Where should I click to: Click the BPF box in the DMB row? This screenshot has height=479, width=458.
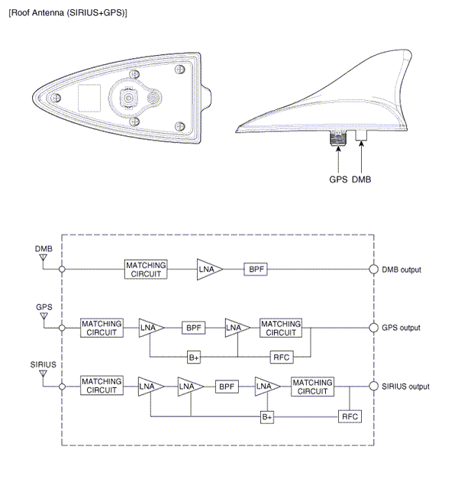(255, 269)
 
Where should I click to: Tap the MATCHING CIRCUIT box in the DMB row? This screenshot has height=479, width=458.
(146, 269)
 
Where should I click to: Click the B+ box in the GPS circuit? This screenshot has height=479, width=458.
(194, 357)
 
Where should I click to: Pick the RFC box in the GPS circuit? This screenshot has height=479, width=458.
(280, 357)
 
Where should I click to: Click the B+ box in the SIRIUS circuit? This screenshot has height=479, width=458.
(267, 417)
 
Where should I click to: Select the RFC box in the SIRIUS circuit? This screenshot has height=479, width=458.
(350, 417)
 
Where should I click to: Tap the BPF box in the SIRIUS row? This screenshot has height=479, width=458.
(227, 387)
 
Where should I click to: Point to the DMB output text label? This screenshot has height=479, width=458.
(402, 270)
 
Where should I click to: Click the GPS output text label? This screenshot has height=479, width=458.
(401, 328)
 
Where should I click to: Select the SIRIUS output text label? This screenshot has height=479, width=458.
(405, 387)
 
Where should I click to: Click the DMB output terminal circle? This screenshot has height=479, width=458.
(374, 269)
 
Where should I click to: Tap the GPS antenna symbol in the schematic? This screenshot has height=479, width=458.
(44, 316)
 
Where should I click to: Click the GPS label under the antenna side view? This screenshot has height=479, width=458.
(338, 180)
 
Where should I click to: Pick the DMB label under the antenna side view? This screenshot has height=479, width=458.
(362, 180)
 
